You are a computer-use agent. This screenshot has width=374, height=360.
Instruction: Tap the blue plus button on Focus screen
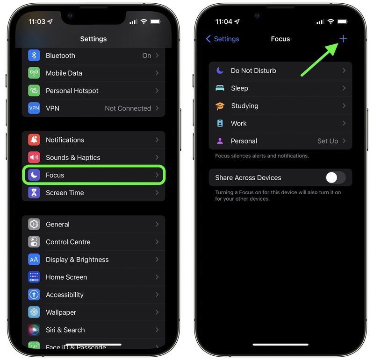tap(343, 39)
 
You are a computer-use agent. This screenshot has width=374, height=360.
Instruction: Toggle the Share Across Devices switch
tap(335, 177)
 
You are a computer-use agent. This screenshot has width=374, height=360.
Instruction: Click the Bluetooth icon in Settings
tap(34, 56)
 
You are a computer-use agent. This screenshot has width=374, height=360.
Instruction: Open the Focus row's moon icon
tap(34, 175)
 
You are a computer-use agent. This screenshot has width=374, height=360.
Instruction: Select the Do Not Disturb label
tap(253, 71)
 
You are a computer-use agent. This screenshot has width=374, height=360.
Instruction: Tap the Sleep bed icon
tap(220, 88)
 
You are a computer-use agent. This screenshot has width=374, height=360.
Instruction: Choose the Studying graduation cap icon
tap(220, 106)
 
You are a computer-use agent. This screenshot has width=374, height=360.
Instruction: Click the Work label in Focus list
tap(238, 123)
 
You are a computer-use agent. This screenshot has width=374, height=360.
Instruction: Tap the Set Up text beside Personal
tap(328, 141)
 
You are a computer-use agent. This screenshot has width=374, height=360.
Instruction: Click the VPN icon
tap(34, 108)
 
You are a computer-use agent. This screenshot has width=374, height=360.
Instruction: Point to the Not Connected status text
tap(128, 108)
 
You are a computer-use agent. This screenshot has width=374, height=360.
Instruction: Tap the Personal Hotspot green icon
tap(34, 91)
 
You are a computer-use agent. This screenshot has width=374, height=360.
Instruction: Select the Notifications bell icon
tap(34, 140)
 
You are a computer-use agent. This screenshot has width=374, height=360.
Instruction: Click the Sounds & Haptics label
tap(73, 157)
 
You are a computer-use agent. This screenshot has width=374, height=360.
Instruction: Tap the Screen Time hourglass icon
tap(34, 193)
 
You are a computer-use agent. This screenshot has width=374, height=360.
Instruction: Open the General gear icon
tap(34, 225)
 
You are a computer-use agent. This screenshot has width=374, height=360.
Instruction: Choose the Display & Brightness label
tap(77, 260)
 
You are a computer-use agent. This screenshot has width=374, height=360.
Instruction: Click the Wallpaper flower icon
tap(34, 312)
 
